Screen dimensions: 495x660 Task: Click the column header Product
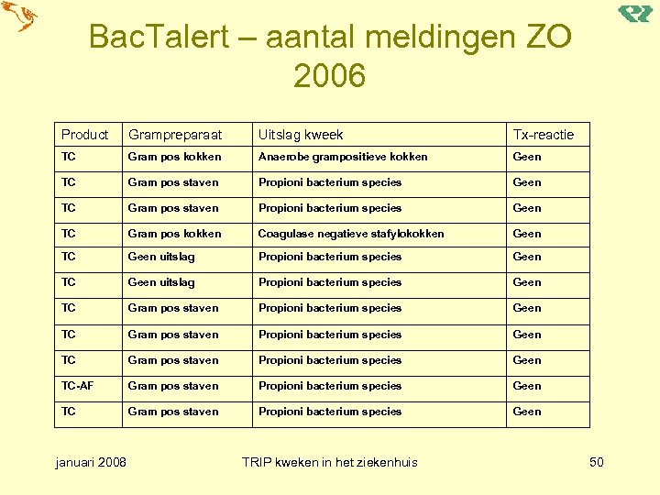tap(84, 135)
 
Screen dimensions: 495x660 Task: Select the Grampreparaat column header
tap(175, 135)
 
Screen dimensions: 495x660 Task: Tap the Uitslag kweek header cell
tap(301, 135)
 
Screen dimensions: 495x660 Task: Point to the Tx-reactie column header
tap(543, 135)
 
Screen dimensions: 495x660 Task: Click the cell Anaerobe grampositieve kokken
tap(343, 157)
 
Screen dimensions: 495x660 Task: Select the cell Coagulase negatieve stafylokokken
tap(351, 234)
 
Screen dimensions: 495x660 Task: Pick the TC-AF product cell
tap(77, 386)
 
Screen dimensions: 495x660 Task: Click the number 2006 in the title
tap(330, 76)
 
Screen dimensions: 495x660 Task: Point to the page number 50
tap(596, 461)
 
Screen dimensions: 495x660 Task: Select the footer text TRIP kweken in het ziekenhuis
tap(329, 461)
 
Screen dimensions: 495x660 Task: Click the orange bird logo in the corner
tap(19, 16)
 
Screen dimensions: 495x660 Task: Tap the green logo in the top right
tap(634, 13)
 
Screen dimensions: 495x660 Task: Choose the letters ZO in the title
tap(544, 38)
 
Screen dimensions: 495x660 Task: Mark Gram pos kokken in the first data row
tap(174, 157)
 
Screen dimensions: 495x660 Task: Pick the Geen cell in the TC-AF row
tap(527, 386)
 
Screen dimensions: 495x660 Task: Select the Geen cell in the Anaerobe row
tap(527, 157)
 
